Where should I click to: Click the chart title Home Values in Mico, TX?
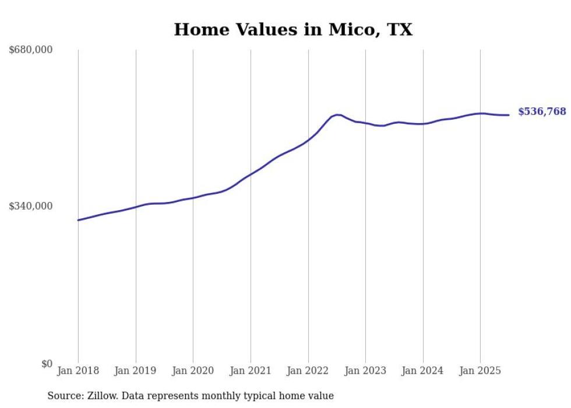point(293,30)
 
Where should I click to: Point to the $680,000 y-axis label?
point(31,50)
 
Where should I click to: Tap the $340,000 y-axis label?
point(31,206)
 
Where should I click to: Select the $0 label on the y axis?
point(47,364)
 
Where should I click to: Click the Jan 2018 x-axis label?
point(78,371)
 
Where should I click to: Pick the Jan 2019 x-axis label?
point(136,371)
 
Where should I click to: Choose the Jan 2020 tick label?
point(193,371)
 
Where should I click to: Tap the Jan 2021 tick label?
point(251,371)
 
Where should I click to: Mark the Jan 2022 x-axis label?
point(308,371)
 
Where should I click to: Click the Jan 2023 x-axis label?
point(365,371)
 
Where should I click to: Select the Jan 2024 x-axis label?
point(423,371)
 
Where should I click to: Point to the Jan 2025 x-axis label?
point(480,371)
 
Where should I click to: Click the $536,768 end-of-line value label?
point(542,111)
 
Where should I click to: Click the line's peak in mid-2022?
point(337,114)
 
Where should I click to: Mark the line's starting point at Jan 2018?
point(78,220)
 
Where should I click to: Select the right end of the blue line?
point(509,115)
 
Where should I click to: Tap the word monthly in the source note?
point(245,396)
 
